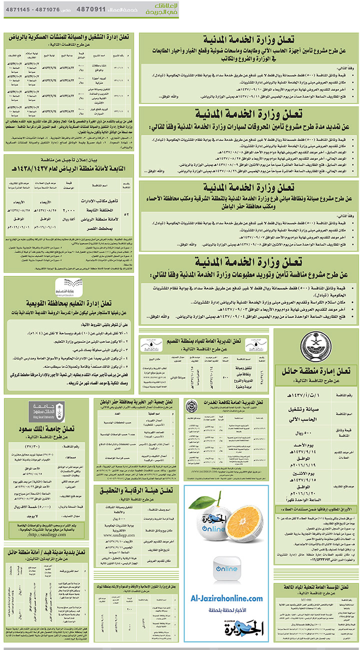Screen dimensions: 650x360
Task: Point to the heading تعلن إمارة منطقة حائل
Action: [315, 371]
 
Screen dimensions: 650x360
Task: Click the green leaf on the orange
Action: [210, 495]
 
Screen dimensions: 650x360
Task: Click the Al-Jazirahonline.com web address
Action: [226, 598]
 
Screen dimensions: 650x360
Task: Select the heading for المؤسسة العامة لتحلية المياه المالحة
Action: [315, 586]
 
